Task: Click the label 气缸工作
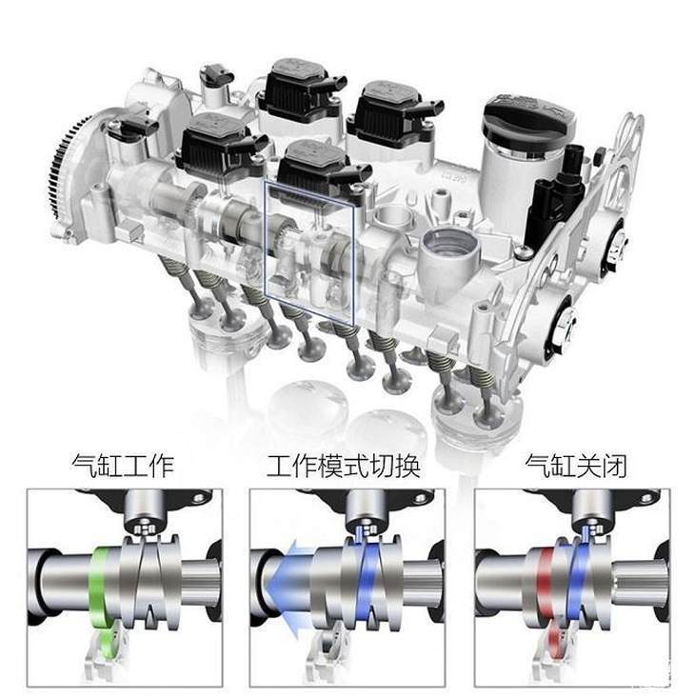(123, 466)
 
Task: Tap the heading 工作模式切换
(344, 466)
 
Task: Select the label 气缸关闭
(576, 466)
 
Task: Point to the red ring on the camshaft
(546, 583)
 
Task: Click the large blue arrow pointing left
(289, 588)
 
